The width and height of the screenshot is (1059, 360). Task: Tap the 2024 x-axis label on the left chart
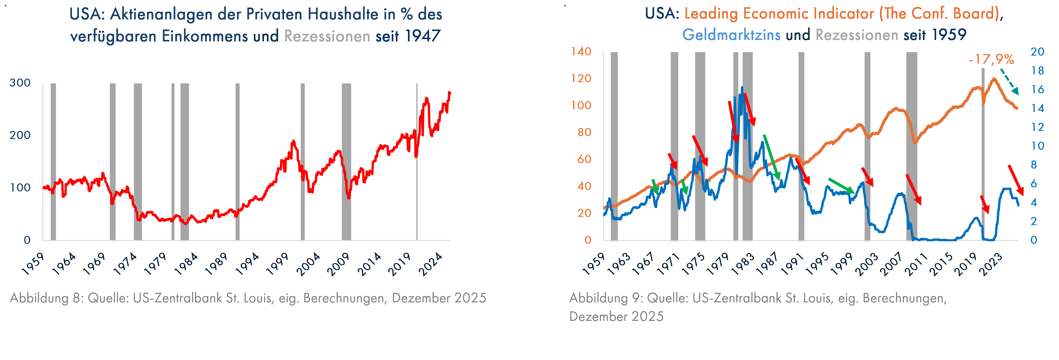431,264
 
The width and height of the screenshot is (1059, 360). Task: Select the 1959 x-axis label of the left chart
33,264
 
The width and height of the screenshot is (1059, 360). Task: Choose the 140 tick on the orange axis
581,52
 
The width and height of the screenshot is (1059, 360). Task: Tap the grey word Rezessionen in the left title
327,36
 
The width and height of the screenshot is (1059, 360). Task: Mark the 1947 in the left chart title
423,36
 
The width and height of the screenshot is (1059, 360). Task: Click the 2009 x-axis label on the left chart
338,264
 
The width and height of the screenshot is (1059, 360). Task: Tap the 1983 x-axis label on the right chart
743,264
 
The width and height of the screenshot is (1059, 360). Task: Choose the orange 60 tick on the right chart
584,160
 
